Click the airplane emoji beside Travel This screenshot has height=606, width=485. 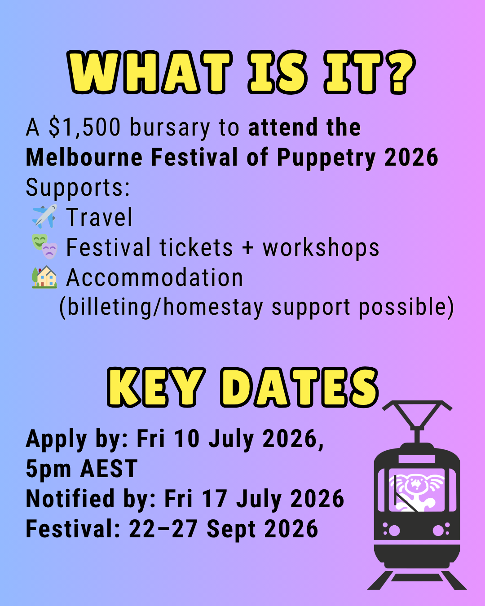pos(44,216)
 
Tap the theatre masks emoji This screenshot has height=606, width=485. pos(44,246)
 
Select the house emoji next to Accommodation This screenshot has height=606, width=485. pos(44,277)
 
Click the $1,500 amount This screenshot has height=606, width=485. pos(85,127)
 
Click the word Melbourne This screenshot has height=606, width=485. pos(84,157)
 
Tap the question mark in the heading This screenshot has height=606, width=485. pos(400,73)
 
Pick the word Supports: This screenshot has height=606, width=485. pos(78,188)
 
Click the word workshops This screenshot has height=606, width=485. pos(321,247)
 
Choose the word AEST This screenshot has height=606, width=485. pos(109,468)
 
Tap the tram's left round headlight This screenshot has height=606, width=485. pos(394,530)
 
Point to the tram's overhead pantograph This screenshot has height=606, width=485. pos(417,421)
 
